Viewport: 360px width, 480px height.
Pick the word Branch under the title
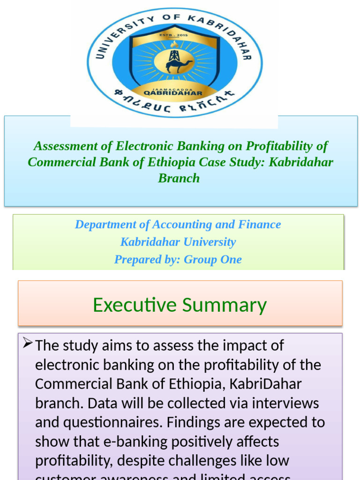(x=179, y=178)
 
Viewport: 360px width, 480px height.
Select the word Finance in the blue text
(x=260, y=225)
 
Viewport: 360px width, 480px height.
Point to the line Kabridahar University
(x=178, y=242)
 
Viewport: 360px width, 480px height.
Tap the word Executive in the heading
(x=135, y=305)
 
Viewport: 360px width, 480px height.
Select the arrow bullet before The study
(x=27, y=344)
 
